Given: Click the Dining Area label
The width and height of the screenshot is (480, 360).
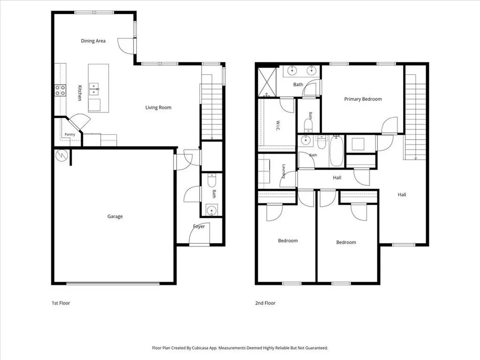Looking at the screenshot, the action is (93, 41).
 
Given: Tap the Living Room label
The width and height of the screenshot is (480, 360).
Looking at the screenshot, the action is (158, 107).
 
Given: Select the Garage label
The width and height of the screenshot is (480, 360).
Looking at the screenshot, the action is (115, 217).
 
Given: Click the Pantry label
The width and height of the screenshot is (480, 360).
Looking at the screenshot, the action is (70, 135).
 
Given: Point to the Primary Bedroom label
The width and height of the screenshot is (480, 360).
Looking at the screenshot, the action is (363, 99).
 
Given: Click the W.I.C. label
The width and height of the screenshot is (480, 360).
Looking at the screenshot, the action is (278, 126).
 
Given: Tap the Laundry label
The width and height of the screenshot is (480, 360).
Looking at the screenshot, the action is (284, 172).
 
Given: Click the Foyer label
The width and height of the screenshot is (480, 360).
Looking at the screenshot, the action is (199, 226).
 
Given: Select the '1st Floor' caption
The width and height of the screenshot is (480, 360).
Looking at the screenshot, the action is (61, 303).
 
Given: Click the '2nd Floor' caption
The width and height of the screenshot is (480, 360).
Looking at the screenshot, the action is (265, 303).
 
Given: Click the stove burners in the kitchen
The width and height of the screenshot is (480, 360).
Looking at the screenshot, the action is (60, 90).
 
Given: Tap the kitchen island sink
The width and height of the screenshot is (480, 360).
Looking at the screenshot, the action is (94, 89).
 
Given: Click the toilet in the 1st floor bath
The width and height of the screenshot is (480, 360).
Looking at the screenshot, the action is (212, 180).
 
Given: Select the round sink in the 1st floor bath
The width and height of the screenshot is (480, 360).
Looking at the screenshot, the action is (211, 210).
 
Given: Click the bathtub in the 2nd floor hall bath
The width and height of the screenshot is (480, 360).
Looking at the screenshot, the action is (337, 151).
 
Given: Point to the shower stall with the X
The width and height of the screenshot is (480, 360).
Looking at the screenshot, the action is (267, 82).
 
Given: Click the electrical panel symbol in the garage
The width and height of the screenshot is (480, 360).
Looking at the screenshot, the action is (61, 156).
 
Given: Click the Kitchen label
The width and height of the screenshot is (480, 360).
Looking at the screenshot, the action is (80, 93).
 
